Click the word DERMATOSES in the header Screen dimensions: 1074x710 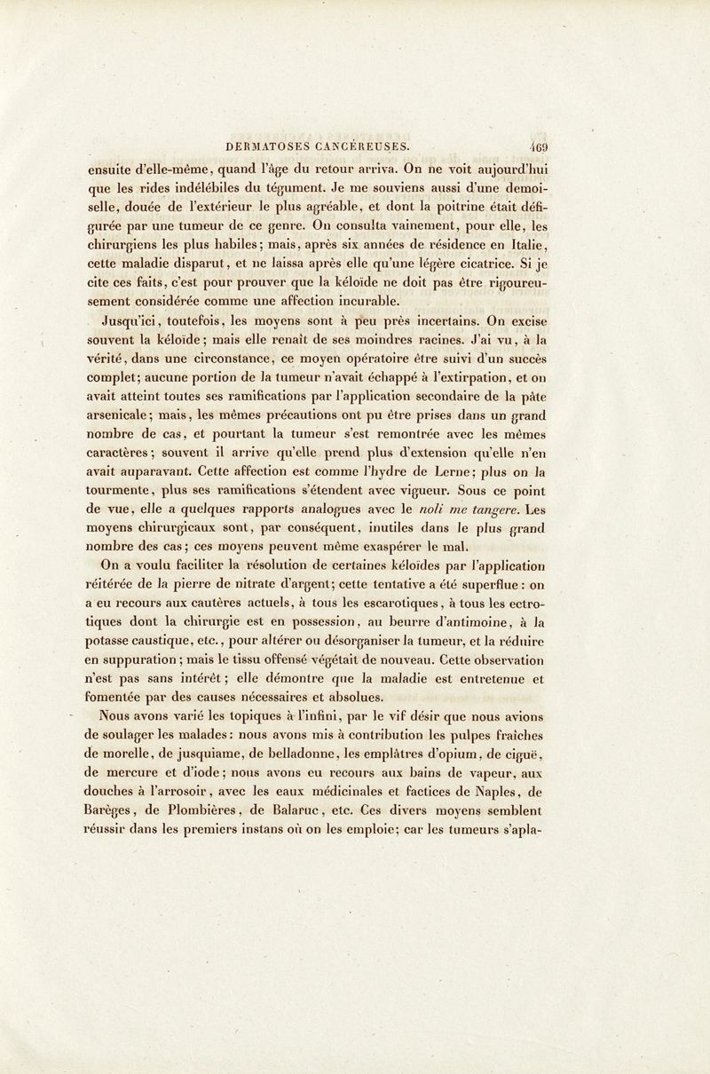click(269, 138)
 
